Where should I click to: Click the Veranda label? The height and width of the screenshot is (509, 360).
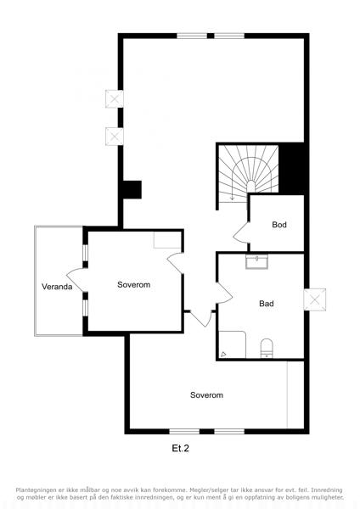click(57, 287)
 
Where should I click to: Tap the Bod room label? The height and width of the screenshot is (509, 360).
click(279, 224)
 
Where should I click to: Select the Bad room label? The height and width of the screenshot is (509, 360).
click(267, 304)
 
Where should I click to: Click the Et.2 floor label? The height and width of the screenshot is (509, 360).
click(180, 448)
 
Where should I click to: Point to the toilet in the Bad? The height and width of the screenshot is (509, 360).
click(267, 349)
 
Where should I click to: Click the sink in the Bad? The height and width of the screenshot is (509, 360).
click(256, 262)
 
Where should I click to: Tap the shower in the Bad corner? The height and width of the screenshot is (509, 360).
click(232, 344)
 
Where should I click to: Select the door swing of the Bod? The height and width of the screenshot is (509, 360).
click(241, 232)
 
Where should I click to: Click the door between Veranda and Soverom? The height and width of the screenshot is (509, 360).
click(76, 280)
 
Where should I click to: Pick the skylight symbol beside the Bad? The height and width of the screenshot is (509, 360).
click(314, 299)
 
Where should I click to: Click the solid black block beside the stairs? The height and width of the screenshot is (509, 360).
click(291, 169)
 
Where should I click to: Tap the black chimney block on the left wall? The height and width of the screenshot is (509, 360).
click(132, 189)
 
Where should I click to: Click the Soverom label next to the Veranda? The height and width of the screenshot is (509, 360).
click(134, 285)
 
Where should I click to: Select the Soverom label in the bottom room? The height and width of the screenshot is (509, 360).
click(206, 395)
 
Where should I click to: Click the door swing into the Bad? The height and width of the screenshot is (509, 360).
click(225, 293)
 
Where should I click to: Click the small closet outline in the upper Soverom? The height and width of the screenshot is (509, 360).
click(167, 240)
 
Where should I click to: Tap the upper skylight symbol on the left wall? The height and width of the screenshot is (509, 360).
click(115, 98)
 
